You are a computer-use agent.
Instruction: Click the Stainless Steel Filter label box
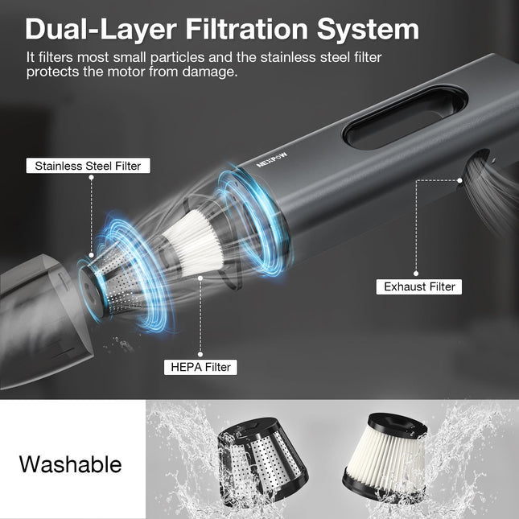click(x=88, y=166)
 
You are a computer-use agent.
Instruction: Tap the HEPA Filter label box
click(x=200, y=367)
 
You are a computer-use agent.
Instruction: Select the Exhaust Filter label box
click(x=419, y=286)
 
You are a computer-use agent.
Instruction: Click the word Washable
click(x=70, y=464)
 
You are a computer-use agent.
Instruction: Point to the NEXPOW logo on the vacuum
click(x=272, y=160)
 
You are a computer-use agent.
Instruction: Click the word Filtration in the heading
click(x=246, y=29)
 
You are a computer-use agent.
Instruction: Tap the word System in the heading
click(x=368, y=30)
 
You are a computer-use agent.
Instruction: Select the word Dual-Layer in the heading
click(x=101, y=30)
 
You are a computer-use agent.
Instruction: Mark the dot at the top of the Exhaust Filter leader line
click(x=459, y=180)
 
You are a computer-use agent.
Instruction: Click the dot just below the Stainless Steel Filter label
click(x=92, y=177)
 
